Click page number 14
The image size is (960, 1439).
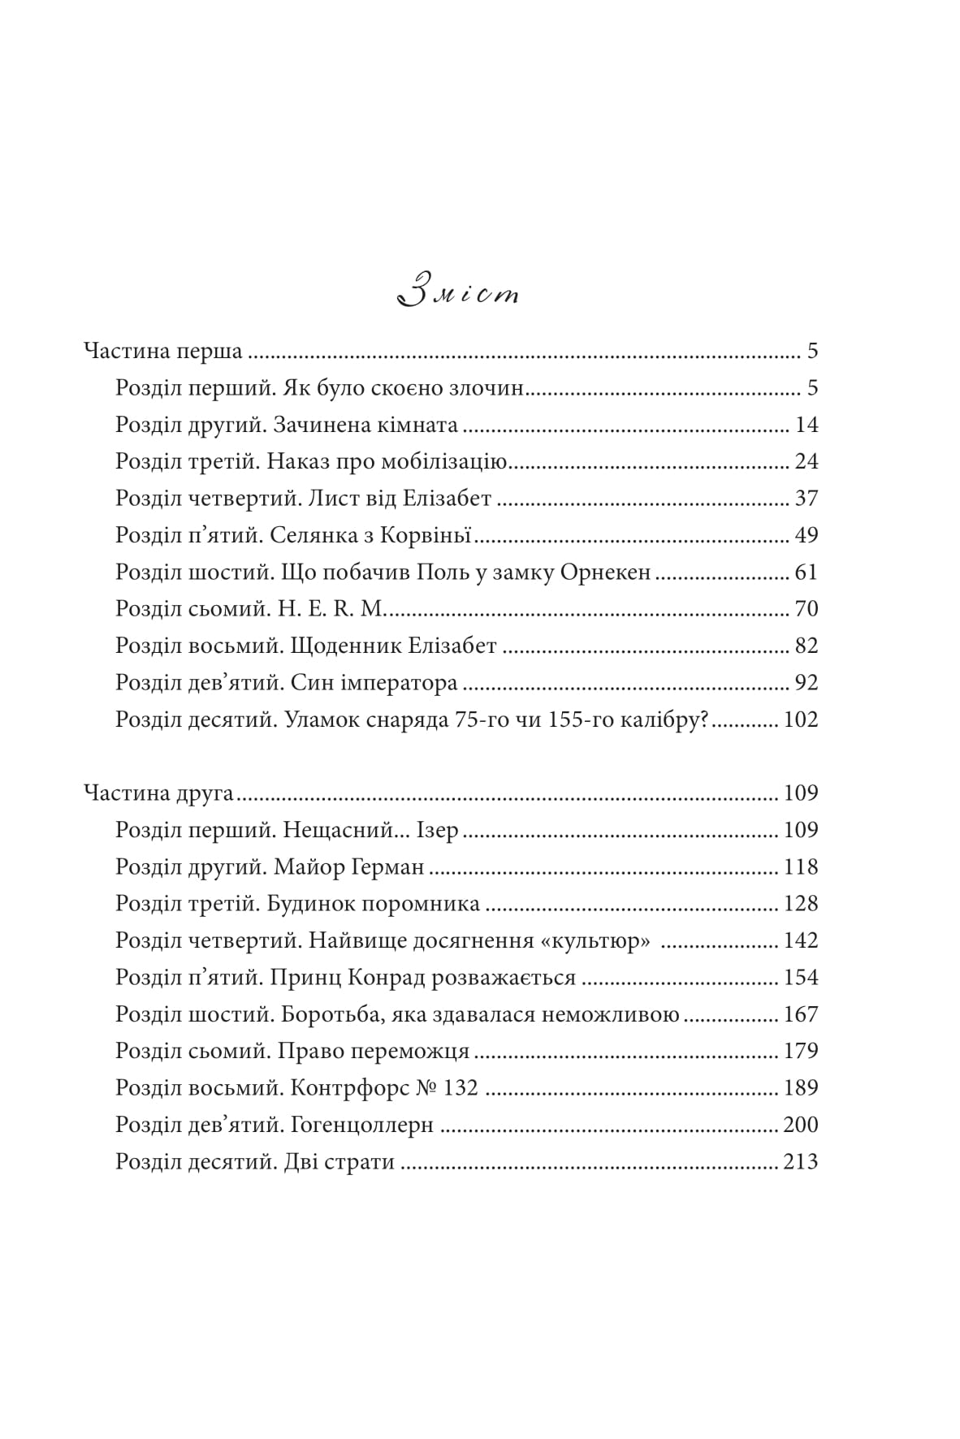[806, 425]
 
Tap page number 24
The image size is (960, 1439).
[806, 461]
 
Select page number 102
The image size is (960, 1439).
[800, 719]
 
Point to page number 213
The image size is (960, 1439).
[800, 1161]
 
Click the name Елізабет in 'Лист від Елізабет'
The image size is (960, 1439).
[447, 498]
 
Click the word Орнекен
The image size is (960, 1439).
[605, 573]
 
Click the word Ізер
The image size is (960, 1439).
[439, 830]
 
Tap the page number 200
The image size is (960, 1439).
[800, 1125]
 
